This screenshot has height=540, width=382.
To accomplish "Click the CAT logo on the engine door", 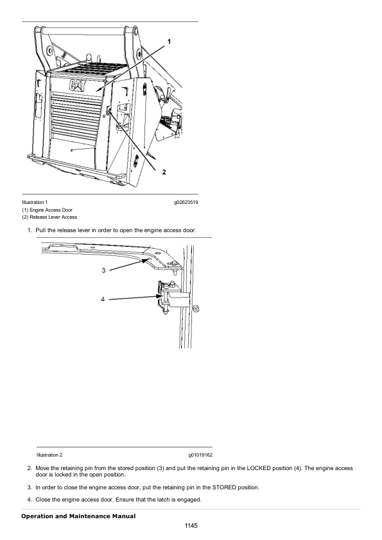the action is click(x=77, y=85).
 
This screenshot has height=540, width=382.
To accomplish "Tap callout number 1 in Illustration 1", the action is click(x=169, y=42).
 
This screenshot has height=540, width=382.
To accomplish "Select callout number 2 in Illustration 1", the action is click(x=164, y=172).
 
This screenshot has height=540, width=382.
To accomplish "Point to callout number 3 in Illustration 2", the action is click(x=103, y=271).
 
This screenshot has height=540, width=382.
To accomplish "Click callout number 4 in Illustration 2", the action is click(x=103, y=300).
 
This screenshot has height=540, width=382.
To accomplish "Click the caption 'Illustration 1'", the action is click(x=35, y=203).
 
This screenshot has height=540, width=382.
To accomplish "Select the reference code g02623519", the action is click(x=186, y=203).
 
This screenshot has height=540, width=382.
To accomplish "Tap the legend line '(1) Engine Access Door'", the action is click(x=48, y=210).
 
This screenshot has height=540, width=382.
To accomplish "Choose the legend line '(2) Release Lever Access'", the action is click(x=49, y=217).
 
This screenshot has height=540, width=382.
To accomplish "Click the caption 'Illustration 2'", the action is click(x=49, y=455).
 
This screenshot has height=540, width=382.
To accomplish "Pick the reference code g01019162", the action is click(x=200, y=455).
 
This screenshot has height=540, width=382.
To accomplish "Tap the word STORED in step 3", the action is click(x=224, y=487).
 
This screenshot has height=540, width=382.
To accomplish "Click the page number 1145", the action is click(x=191, y=526).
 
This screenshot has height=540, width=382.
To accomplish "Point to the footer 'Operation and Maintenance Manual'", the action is click(x=78, y=516).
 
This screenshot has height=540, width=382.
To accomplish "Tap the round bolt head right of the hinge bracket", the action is click(x=196, y=308).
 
